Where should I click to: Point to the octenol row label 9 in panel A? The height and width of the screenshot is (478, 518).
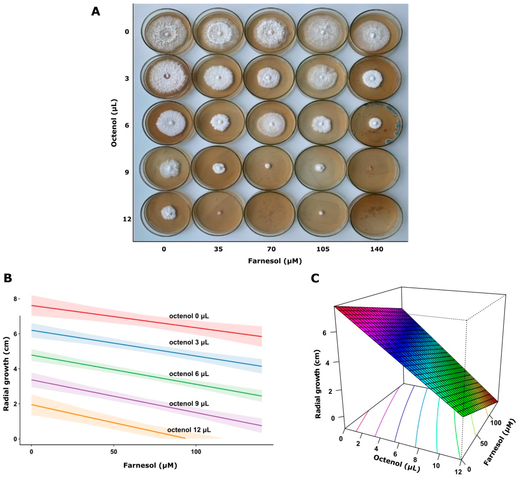coord(127,172)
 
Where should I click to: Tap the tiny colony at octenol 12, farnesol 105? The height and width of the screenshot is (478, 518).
coord(321,213)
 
